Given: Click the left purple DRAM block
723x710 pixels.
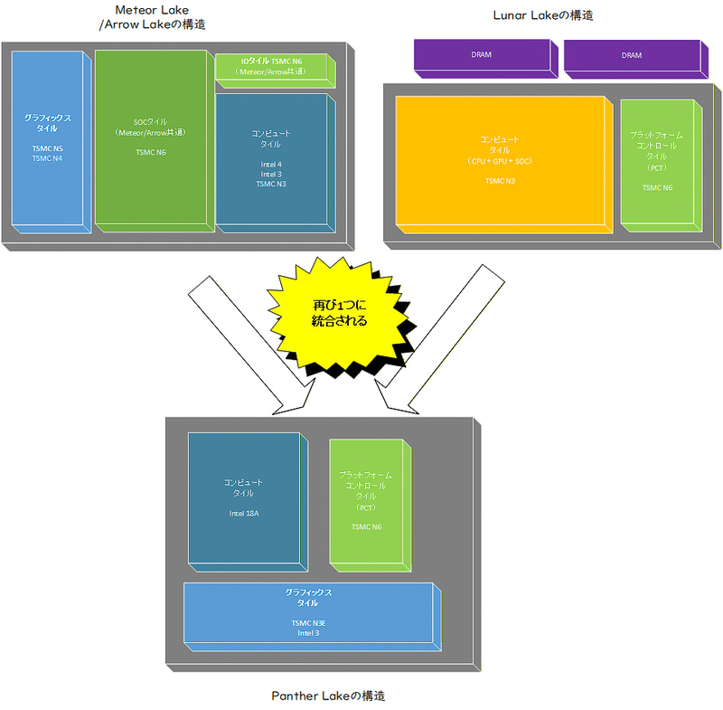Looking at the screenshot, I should pyautogui.click(x=482, y=55).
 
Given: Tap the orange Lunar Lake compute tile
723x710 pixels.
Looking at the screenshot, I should pyautogui.click(x=500, y=159).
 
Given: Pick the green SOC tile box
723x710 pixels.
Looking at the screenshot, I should pyautogui.click(x=150, y=137).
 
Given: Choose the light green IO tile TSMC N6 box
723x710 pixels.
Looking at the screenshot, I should pyautogui.click(x=272, y=68).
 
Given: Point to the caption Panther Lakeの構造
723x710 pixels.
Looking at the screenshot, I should pyautogui.click(x=328, y=696).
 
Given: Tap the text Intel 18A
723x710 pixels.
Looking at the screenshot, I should pyautogui.click(x=243, y=513).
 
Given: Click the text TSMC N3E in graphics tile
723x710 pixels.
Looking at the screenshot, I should pyautogui.click(x=308, y=623).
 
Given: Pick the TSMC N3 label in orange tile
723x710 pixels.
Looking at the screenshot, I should pyautogui.click(x=500, y=181).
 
